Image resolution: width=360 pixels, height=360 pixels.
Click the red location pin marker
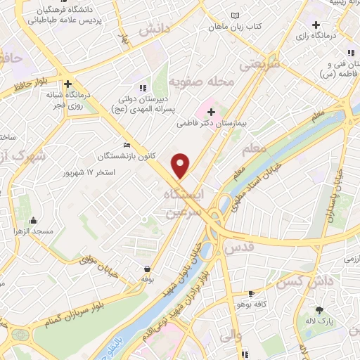pos(181,165)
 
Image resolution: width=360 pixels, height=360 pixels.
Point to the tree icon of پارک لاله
pos(320,310)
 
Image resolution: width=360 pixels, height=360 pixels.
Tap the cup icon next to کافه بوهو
pos(252,293)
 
